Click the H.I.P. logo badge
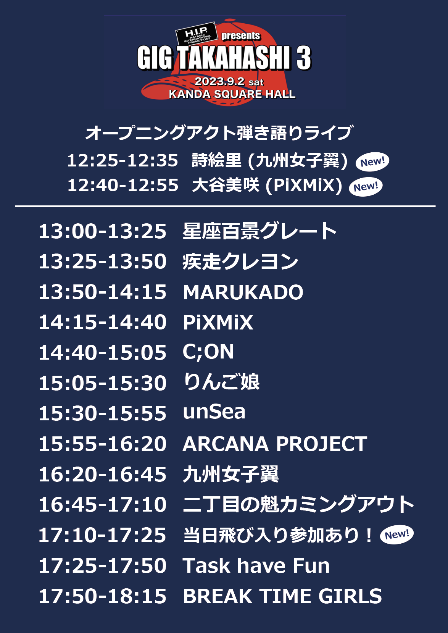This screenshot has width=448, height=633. coord(196,34)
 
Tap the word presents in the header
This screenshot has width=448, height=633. coord(241,36)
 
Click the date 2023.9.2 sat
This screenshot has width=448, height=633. coord(229,82)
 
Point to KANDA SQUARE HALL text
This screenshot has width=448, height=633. coord(232,94)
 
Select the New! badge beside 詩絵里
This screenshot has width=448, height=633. coord(372,162)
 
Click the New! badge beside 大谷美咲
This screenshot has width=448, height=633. coord(366,187)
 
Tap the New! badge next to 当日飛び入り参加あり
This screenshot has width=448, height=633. coord(396,534)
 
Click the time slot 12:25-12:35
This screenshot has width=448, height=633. coord(122,160)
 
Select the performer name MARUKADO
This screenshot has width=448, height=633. coord(243,292)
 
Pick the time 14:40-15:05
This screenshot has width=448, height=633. coord(103,353)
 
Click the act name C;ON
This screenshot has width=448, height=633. coord(208,352)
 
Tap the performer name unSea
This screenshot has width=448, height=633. coord(214,412)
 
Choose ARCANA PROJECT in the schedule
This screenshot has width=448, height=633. coord(275,444)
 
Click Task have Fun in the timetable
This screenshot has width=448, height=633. coord(256,566)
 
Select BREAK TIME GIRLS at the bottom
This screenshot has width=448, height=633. coord(282,596)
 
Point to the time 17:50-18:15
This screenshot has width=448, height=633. coord(103,596)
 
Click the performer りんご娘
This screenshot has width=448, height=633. coord(221,382)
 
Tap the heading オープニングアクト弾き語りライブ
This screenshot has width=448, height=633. coord(219,133)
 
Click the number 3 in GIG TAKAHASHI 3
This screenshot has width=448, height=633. coord(304,58)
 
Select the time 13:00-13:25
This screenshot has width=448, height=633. coord(103,231)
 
